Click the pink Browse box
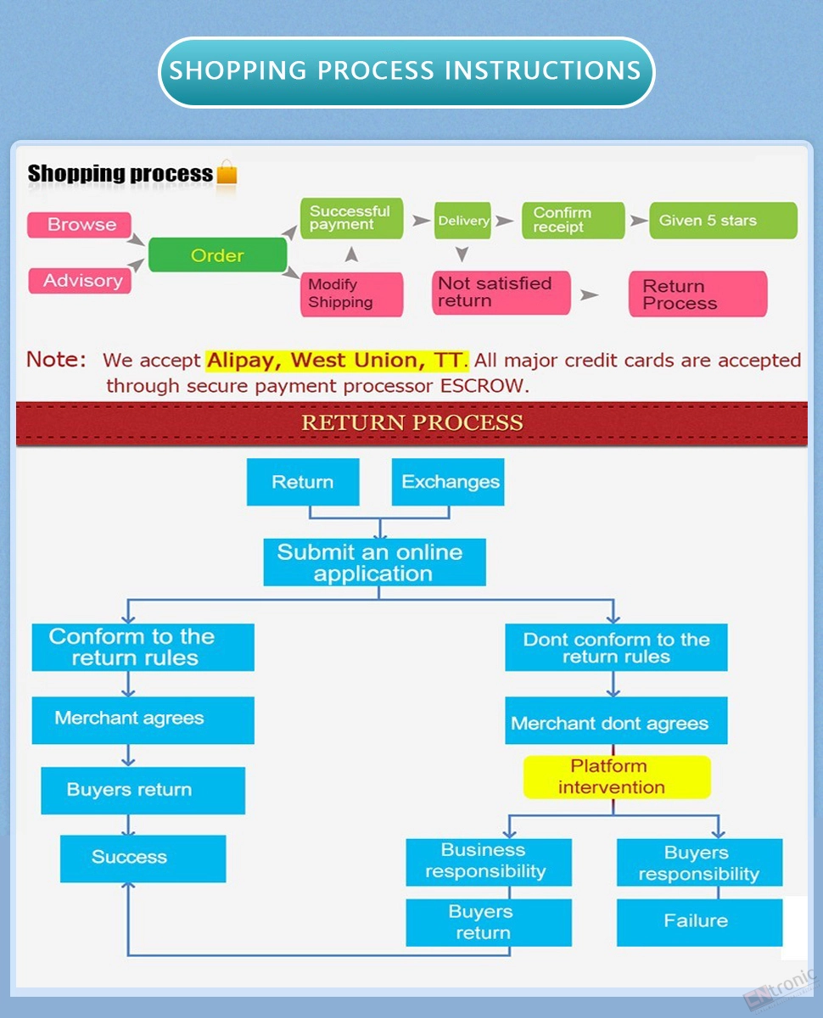(79, 225)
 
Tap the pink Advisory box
(80, 281)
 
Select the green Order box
(217, 255)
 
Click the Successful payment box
(351, 218)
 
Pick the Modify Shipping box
(351, 294)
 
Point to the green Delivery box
(462, 221)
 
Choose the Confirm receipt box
(573, 221)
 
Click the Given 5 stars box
(723, 221)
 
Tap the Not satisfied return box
(501, 293)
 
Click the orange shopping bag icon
(227, 172)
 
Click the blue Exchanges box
(448, 482)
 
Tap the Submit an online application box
(375, 562)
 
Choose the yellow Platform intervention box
(617, 776)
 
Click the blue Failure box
(700, 922)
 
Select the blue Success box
(143, 859)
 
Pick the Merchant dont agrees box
(616, 720)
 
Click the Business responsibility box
(489, 862)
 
